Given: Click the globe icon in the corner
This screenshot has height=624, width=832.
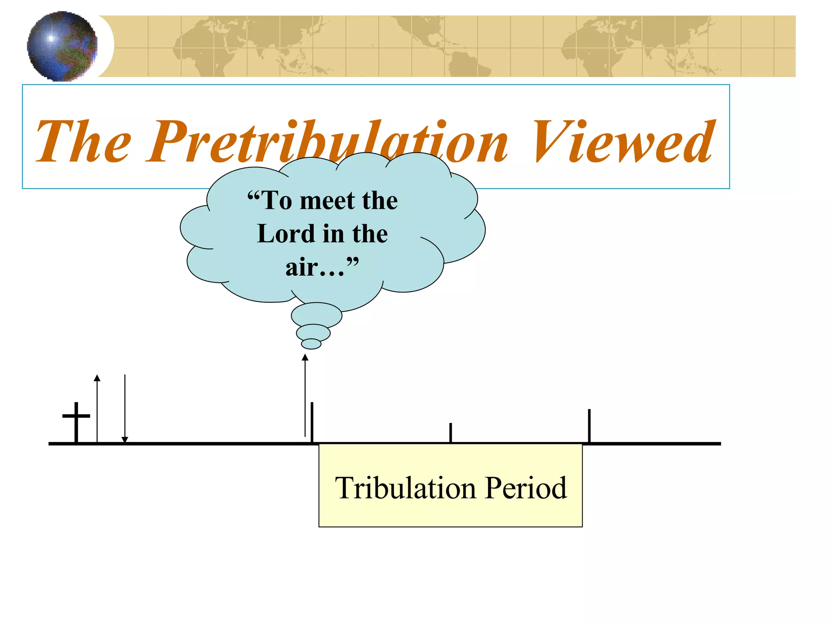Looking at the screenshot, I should pos(62,46).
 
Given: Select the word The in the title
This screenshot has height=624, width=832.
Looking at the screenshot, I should pos(84,142).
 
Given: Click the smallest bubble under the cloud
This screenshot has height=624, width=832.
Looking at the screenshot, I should pos(311,344).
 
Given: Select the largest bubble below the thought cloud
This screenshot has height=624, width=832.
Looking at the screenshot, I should pos(316,315).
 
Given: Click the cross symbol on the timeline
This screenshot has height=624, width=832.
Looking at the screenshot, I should pos(76,420).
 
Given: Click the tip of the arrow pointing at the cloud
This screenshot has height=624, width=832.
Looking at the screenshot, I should pos(305,357).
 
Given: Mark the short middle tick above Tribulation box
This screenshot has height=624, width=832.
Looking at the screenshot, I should pos(451,432).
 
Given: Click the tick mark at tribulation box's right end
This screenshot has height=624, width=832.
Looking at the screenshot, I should pos(589,425).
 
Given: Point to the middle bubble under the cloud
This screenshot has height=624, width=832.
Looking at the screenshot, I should pos(313,333).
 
